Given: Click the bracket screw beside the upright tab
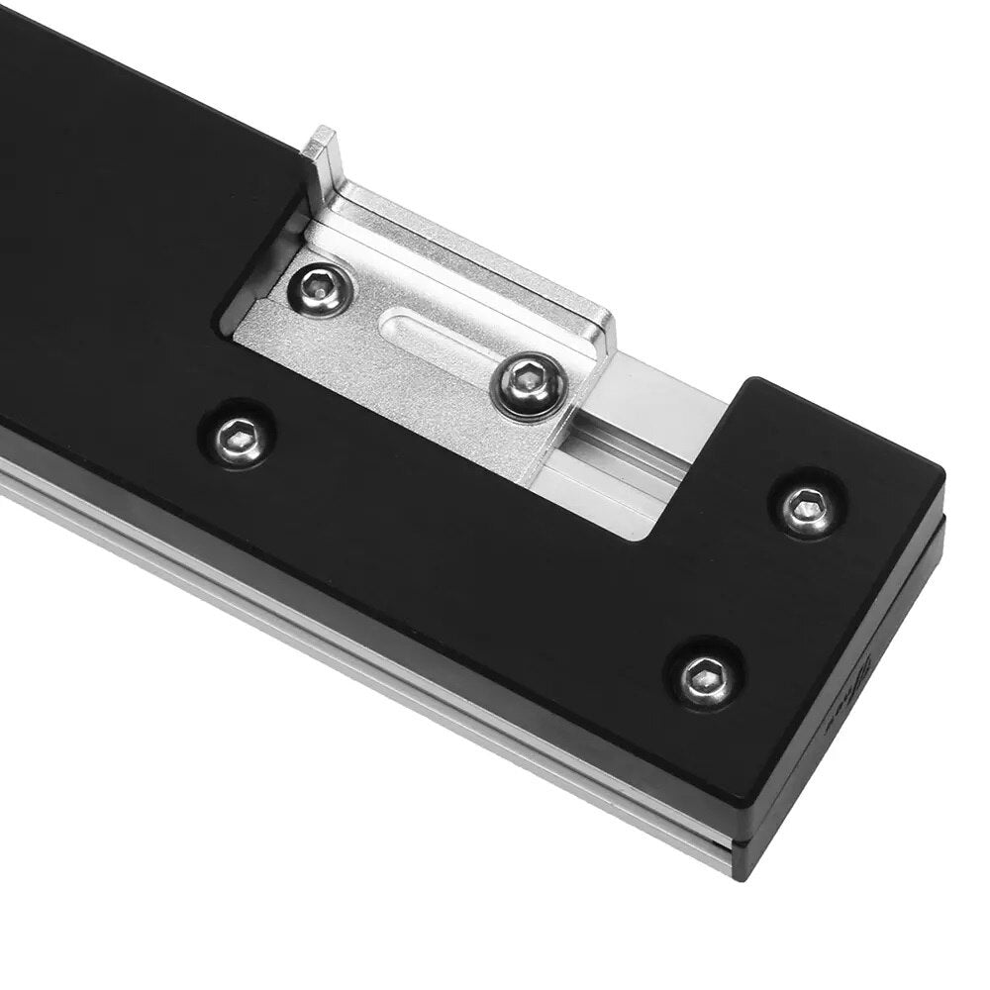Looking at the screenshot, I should point(319,288).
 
